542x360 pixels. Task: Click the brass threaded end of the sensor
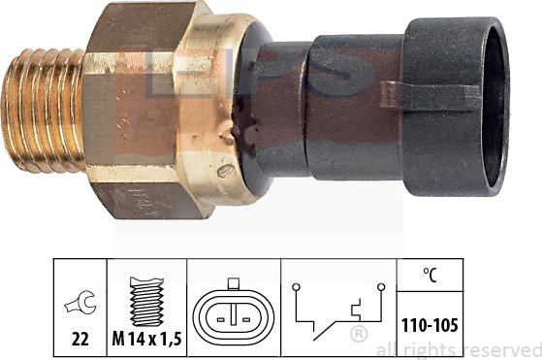44,111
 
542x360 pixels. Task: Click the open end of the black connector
495,106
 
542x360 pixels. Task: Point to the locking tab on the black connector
430,95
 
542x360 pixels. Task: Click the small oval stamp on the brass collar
226,171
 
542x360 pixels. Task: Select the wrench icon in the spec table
80,303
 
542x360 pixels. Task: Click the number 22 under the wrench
80,339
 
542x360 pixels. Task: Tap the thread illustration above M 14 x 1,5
146,302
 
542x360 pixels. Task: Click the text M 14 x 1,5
146,339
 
